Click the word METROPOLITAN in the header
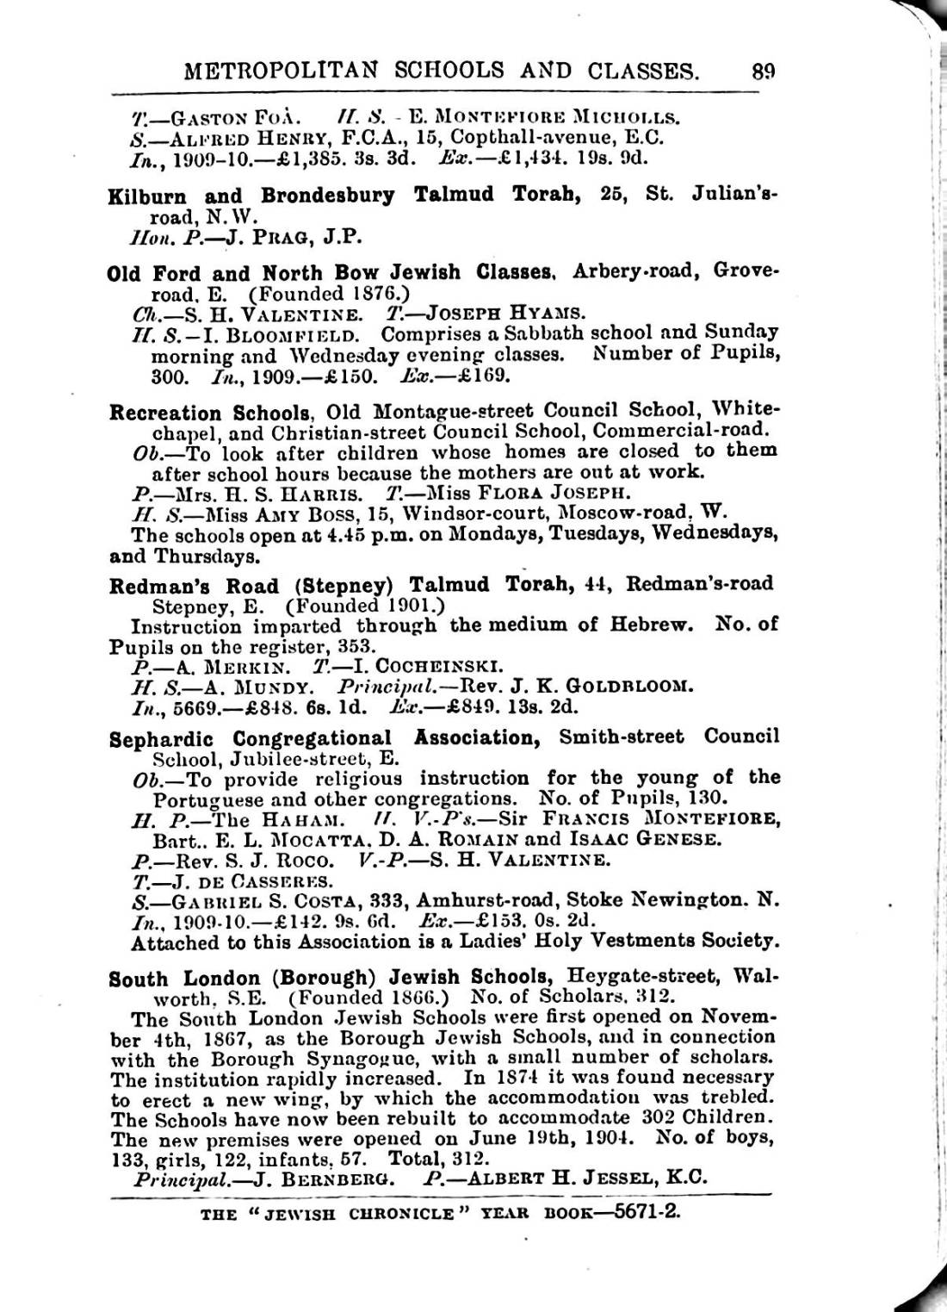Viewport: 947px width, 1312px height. [279, 70]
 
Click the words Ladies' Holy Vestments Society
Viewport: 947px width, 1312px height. [622, 942]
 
